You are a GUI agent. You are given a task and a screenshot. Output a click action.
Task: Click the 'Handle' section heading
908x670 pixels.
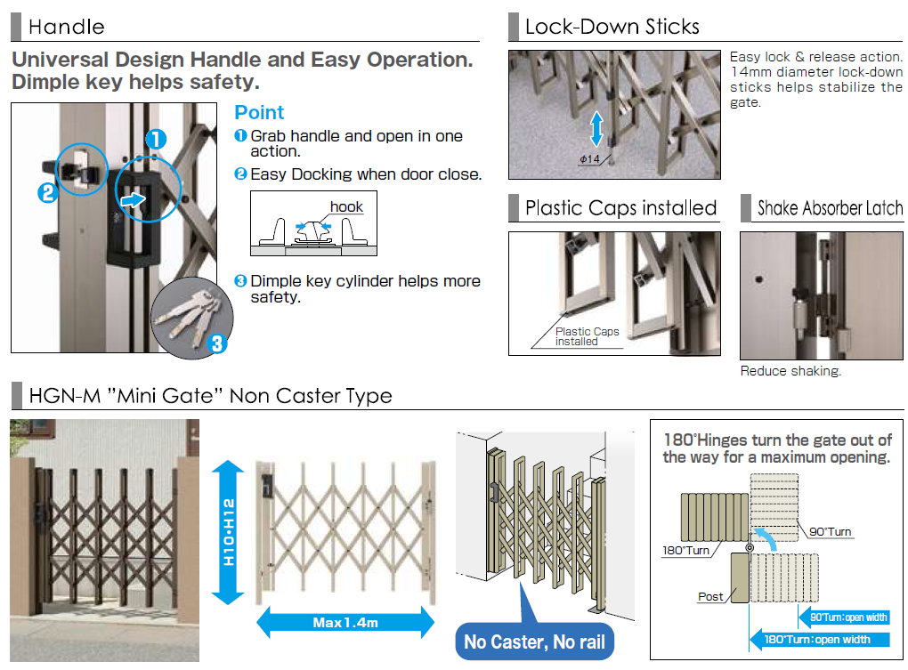[66, 27]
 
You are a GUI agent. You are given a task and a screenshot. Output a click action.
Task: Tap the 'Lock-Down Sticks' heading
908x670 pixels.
[612, 27]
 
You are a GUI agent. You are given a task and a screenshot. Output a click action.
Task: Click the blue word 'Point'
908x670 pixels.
[259, 113]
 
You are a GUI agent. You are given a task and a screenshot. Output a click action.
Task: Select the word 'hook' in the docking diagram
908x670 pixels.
[346, 207]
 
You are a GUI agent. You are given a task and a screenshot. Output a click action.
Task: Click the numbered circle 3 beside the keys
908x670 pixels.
[217, 342]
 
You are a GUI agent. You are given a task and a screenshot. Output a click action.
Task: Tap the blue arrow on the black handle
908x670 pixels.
[133, 200]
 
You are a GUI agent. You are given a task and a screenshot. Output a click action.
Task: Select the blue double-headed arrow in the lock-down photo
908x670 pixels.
[596, 127]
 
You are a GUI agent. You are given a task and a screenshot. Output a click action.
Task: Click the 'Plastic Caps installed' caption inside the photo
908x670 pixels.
[587, 336]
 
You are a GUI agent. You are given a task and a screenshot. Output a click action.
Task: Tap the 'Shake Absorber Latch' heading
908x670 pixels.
[830, 209]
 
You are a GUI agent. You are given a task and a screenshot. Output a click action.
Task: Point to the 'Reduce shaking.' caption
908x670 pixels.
[790, 371]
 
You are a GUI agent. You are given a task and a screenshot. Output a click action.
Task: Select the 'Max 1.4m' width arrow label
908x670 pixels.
[345, 622]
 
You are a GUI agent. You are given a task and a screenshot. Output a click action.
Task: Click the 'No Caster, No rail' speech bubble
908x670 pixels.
[534, 642]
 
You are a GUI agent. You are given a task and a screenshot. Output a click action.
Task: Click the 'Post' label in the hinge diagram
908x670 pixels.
[710, 596]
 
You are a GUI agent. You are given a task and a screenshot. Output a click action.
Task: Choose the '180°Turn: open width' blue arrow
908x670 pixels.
[819, 639]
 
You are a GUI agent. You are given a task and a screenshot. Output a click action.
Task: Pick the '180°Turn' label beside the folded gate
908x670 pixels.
[685, 550]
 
